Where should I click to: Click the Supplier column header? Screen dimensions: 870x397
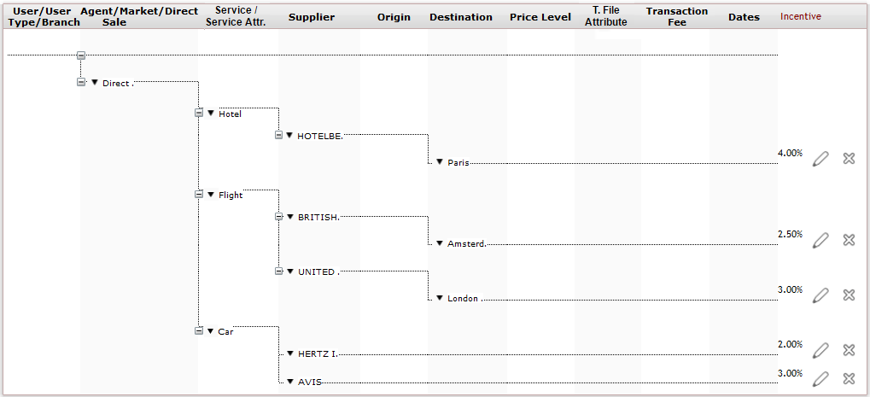(312, 17)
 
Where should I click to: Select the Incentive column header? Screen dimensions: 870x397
(801, 16)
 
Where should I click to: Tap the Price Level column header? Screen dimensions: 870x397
(540, 17)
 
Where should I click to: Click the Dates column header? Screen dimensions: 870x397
(744, 17)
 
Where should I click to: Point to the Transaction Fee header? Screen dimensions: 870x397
(677, 16)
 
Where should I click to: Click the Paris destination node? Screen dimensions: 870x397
(458, 162)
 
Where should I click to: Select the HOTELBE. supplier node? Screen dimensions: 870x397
(320, 136)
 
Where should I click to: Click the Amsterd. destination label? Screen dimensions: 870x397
(467, 243)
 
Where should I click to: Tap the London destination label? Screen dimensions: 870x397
(463, 298)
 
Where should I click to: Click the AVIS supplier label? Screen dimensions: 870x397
(309, 382)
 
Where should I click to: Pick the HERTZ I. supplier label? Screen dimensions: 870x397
(318, 353)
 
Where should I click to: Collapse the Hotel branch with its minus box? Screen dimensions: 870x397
(199, 113)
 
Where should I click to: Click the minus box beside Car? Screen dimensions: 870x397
(199, 330)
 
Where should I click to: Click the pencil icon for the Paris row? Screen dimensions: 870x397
(820, 159)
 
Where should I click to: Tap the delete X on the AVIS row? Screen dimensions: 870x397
(849, 379)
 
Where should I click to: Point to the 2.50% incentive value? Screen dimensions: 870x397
(790, 235)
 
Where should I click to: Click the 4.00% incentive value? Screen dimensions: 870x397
(790, 153)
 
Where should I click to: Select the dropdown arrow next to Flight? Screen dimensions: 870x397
(211, 195)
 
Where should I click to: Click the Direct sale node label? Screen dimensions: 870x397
(115, 83)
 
